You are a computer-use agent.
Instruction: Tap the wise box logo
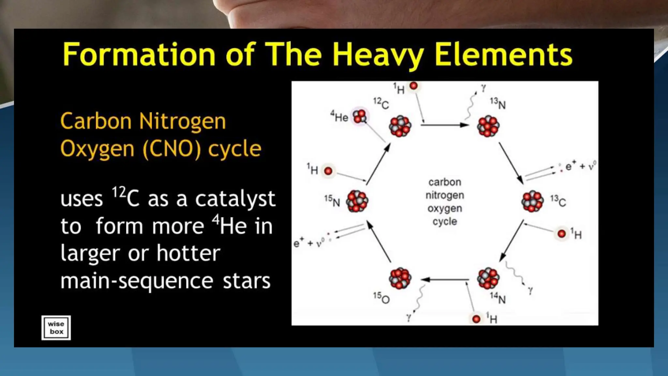tap(56, 328)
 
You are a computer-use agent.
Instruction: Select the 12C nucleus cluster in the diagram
tap(400, 126)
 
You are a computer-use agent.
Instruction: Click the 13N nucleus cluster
tap(488, 126)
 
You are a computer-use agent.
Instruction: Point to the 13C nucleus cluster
tap(532, 201)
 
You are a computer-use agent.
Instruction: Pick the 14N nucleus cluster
tap(488, 278)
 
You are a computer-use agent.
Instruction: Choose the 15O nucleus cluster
tap(400, 278)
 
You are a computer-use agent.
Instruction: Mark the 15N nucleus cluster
tap(357, 201)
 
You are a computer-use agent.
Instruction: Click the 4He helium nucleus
tap(360, 117)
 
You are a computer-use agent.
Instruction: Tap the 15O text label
tap(381, 298)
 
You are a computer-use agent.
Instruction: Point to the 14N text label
tap(498, 298)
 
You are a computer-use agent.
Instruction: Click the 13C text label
tap(558, 201)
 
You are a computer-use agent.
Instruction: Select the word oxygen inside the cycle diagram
tap(445, 208)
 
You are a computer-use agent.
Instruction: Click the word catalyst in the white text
tap(235, 198)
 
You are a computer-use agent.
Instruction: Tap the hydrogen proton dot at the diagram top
tap(414, 86)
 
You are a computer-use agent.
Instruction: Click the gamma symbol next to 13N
tap(483, 87)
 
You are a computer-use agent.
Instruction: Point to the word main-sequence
tap(137, 281)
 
